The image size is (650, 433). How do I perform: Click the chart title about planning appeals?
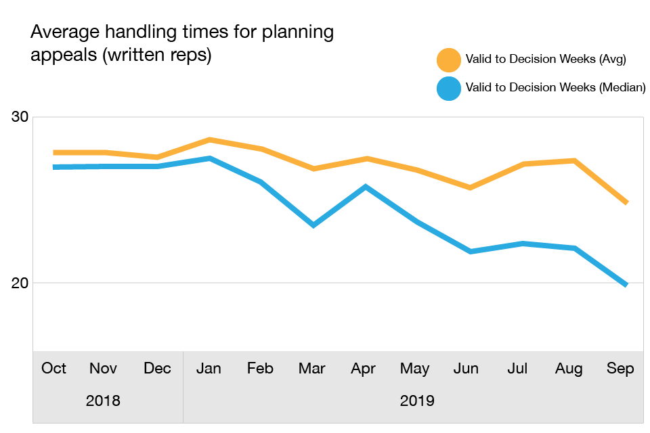click(x=181, y=43)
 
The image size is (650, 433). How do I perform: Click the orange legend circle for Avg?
click(x=448, y=60)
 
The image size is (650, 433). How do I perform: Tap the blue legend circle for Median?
click(x=448, y=88)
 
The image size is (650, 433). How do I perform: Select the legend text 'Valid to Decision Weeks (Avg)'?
click(x=546, y=60)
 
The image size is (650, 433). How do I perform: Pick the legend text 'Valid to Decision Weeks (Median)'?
click(x=555, y=88)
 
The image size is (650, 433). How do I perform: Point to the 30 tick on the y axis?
click(x=20, y=117)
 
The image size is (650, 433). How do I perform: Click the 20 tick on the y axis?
click(x=20, y=282)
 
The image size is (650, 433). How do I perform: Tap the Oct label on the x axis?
click(x=53, y=369)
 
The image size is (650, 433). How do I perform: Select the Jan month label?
click(x=209, y=369)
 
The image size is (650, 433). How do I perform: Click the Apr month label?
click(x=364, y=369)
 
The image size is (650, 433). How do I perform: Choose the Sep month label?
click(x=620, y=369)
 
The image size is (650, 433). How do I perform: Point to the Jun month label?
click(x=467, y=369)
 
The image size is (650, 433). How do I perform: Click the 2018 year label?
click(x=103, y=401)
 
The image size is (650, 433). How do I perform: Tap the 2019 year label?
click(x=417, y=401)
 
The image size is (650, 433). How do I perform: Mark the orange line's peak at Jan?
click(x=210, y=140)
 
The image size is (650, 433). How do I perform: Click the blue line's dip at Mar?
click(x=313, y=225)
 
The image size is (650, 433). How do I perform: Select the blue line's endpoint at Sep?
click(x=625, y=284)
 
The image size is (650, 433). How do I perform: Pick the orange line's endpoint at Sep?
click(x=625, y=202)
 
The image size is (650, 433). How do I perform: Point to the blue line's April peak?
click(x=365, y=186)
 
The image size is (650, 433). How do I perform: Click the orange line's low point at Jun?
click(x=469, y=187)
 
